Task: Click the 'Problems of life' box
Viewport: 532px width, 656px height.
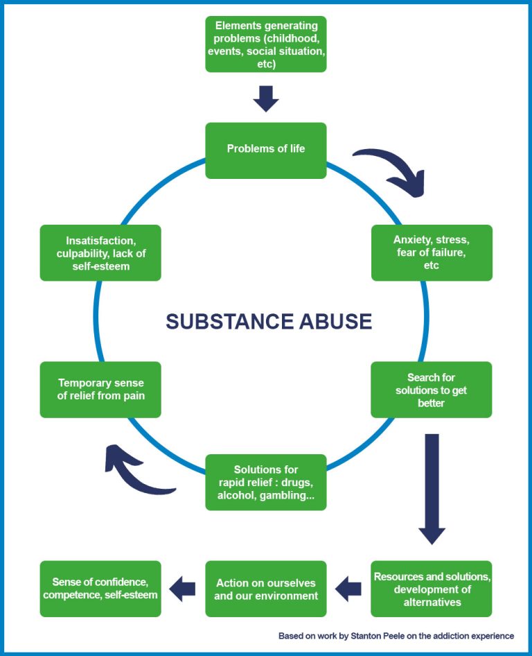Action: pyautogui.click(x=266, y=150)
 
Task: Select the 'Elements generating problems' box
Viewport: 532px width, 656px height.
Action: pyautogui.click(x=266, y=44)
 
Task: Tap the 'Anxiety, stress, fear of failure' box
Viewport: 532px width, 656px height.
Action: pyautogui.click(x=432, y=252)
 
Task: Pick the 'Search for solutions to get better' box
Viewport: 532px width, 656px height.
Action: pyautogui.click(x=432, y=390)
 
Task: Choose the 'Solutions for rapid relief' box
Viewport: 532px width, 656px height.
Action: pyautogui.click(x=266, y=483)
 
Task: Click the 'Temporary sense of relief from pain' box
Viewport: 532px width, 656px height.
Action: pyautogui.click(x=100, y=390)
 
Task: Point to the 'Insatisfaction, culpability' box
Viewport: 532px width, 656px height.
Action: pyautogui.click(x=100, y=252)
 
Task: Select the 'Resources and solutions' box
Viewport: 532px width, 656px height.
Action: pyautogui.click(x=432, y=589)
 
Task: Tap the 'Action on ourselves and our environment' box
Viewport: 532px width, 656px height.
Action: pyautogui.click(x=266, y=589)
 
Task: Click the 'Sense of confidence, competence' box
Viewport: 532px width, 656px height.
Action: pyautogui.click(x=100, y=589)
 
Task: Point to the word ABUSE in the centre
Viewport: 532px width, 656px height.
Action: pyautogui.click(x=339, y=322)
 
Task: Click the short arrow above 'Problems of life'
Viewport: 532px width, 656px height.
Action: pyautogui.click(x=266, y=99)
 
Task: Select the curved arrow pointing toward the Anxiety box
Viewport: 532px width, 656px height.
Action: pyautogui.click(x=391, y=169)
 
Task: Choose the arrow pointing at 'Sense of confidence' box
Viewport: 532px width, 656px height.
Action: pyautogui.click(x=183, y=589)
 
